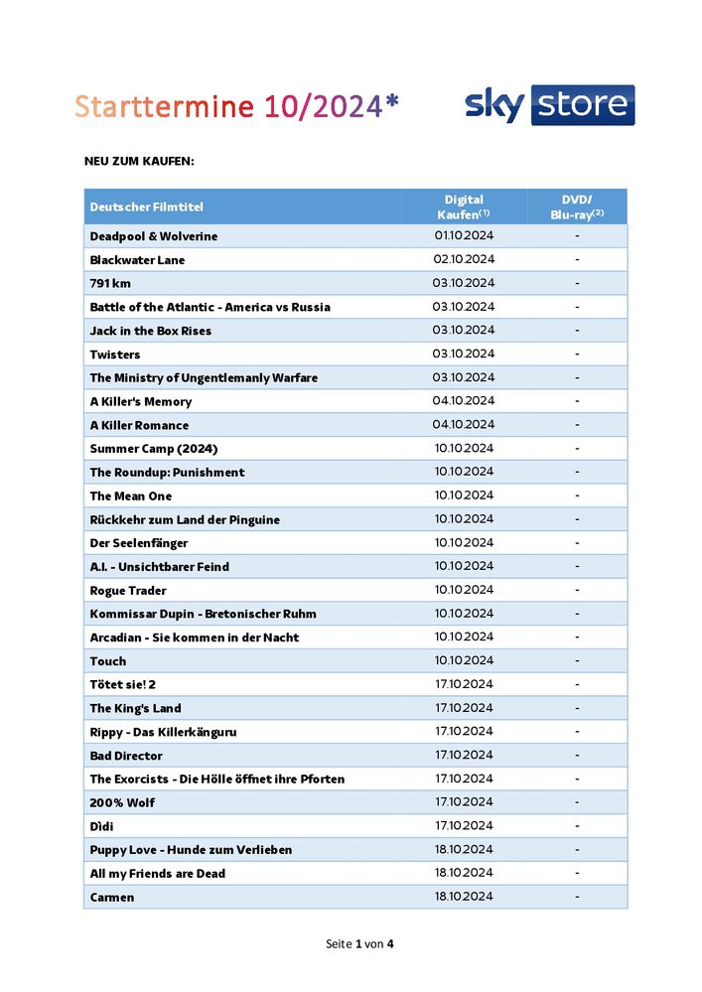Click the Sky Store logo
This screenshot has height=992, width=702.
pyautogui.click(x=549, y=105)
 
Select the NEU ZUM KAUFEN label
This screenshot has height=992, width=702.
pyautogui.click(x=139, y=160)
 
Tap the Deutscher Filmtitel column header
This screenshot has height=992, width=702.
pyautogui.click(x=146, y=207)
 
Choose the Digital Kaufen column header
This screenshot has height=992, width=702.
pyautogui.click(x=464, y=207)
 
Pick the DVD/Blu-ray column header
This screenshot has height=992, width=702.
pyautogui.click(x=577, y=207)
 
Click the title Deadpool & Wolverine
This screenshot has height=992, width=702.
pyautogui.click(x=153, y=236)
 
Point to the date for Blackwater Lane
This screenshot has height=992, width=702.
pyautogui.click(x=464, y=259)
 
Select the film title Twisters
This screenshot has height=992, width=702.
pyautogui.click(x=115, y=354)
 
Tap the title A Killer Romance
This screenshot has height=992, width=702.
pyautogui.click(x=139, y=425)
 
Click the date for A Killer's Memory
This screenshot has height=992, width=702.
pyautogui.click(x=464, y=401)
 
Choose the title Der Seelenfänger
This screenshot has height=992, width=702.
pyautogui.click(x=138, y=543)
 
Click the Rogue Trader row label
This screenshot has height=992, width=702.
pyautogui.click(x=128, y=590)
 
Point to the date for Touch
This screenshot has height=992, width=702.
pyautogui.click(x=464, y=660)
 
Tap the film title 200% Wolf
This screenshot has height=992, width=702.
pyautogui.click(x=122, y=802)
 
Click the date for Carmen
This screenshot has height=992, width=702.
pyautogui.click(x=464, y=897)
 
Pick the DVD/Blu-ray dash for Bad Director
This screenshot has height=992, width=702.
pyautogui.click(x=577, y=756)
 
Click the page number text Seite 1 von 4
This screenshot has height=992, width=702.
pyautogui.click(x=359, y=942)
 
